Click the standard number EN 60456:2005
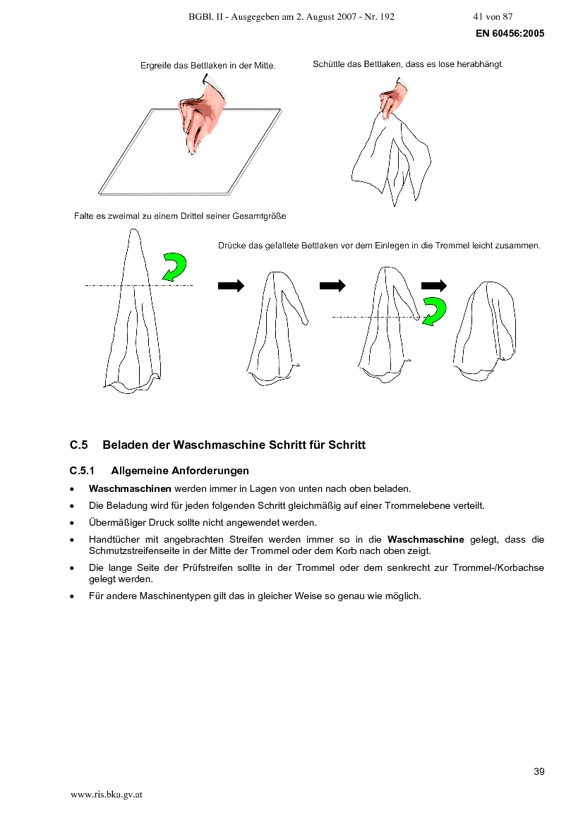pos(510,33)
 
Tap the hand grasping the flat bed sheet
pos(201,115)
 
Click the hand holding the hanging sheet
pos(394,98)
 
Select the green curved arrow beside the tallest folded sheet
pos(175,267)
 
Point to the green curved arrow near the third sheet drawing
pos(434,311)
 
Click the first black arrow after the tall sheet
pos(231,286)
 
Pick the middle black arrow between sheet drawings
pos(332,286)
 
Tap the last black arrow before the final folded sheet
pos(434,286)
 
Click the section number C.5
pos(79,445)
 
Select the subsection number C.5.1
pos(82,471)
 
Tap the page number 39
pos(539,771)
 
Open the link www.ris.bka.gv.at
pos(107,795)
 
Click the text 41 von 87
pos(493,17)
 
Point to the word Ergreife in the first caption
pos(156,66)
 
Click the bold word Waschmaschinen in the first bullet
pos(130,489)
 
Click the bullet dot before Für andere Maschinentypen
pos(72,596)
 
